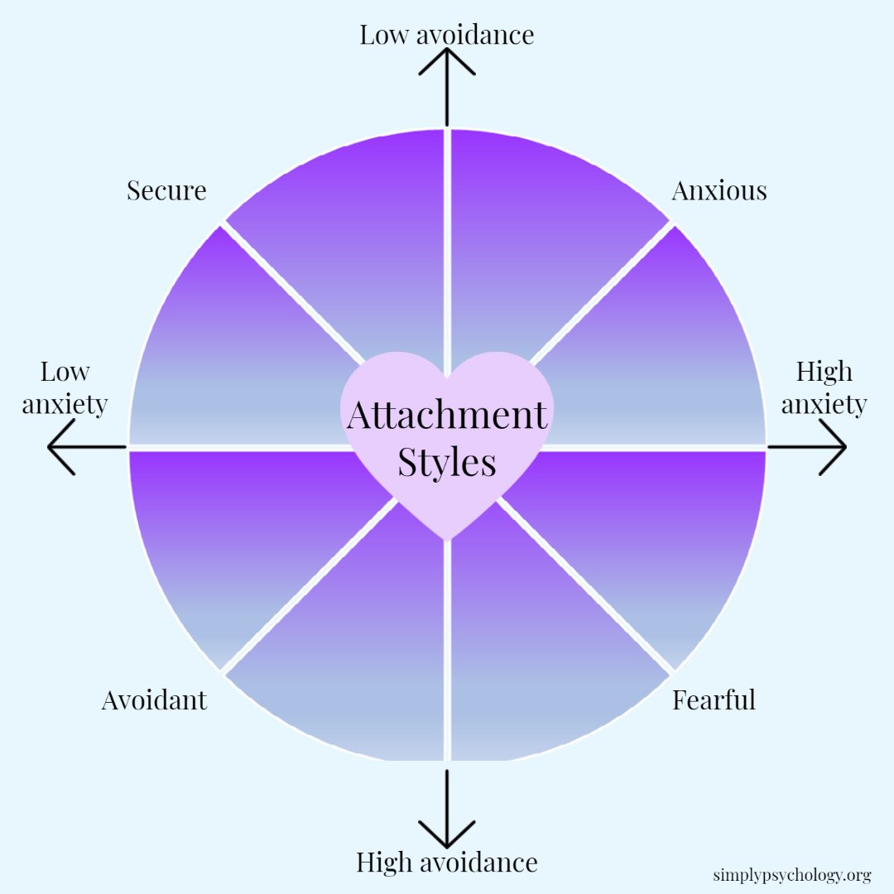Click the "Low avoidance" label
point(447,35)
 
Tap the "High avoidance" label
point(447,863)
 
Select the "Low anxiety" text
point(65,388)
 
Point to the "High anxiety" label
point(824,388)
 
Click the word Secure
point(166,190)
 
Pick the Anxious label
point(719,190)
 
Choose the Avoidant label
point(154,700)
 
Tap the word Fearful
point(714,700)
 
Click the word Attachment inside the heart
point(447,415)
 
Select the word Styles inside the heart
point(447,463)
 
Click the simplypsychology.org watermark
point(791,875)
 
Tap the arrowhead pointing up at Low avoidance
point(447,58)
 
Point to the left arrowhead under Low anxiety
point(58,447)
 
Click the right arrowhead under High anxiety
point(836,447)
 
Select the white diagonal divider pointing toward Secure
point(290,290)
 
